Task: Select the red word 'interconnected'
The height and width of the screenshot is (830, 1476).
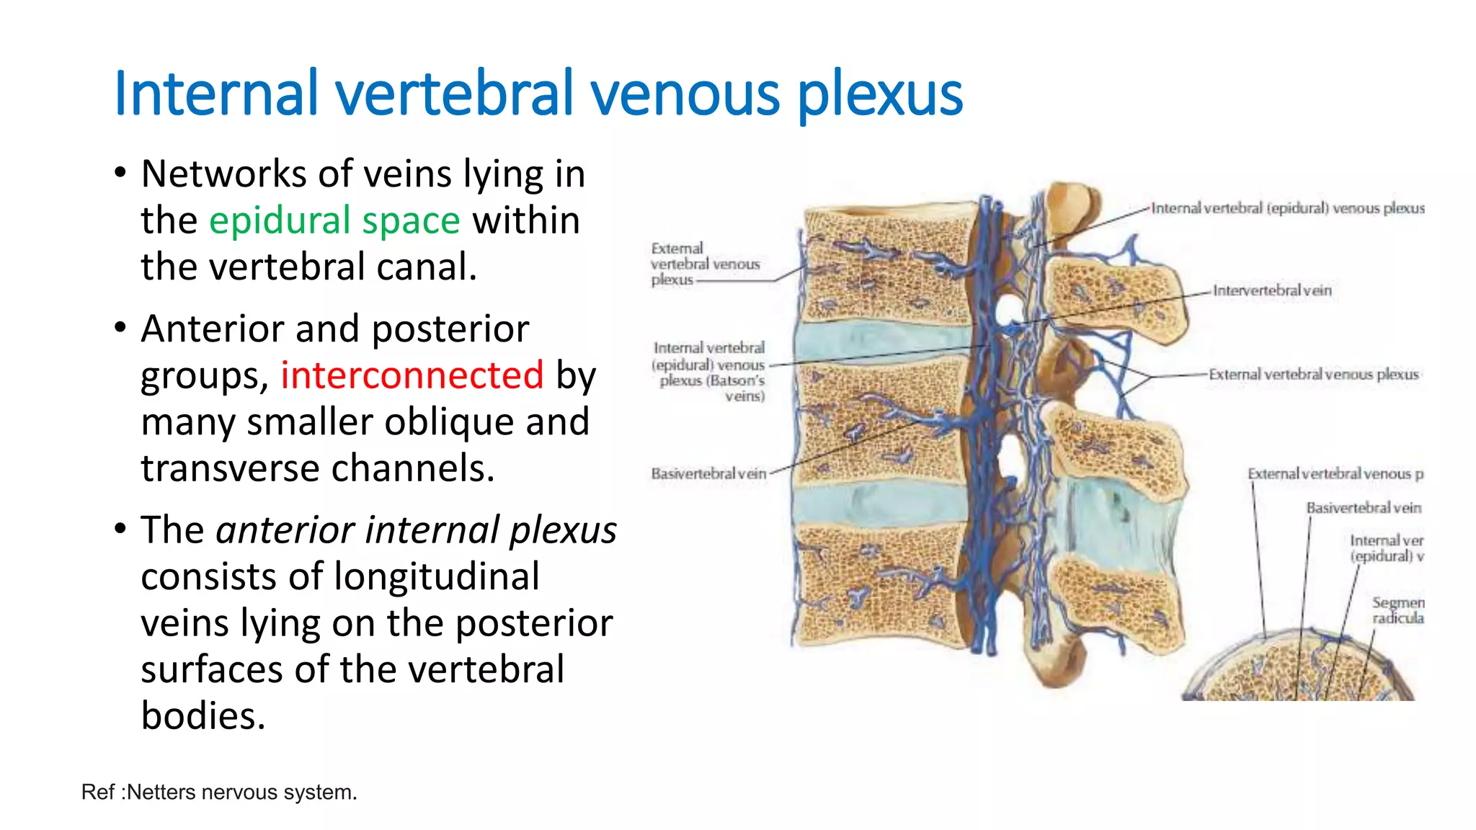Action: point(412,375)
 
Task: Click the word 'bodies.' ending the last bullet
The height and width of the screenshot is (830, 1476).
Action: point(203,716)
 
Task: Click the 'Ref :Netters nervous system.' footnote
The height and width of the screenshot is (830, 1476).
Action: point(219,793)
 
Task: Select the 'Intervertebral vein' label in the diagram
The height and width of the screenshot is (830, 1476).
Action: point(1272,290)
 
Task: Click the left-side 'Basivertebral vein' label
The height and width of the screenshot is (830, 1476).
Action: point(708,474)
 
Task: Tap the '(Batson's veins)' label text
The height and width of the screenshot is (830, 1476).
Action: point(712,388)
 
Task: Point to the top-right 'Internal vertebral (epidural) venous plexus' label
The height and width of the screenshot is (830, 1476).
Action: point(1287,208)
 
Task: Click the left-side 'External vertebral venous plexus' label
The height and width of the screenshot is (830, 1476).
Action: point(704,264)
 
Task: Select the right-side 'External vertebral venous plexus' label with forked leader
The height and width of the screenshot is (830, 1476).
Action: point(1313,375)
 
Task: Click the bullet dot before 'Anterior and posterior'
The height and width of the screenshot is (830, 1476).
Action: point(120,329)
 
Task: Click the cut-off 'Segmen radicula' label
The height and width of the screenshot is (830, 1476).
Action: point(1397,610)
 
